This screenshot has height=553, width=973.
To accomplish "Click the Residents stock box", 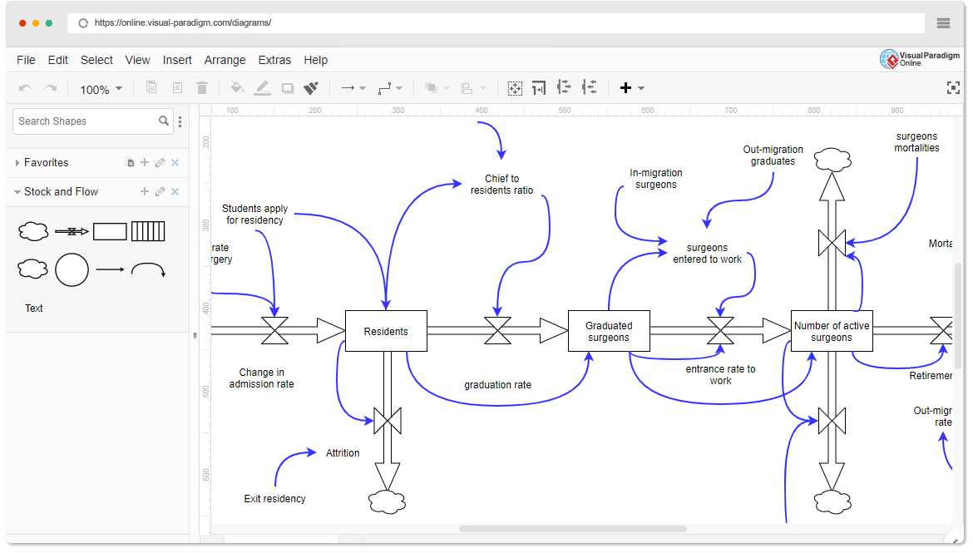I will tap(386, 331).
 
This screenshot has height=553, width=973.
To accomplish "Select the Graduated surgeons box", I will tap(609, 331).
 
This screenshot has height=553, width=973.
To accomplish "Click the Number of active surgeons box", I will tap(832, 331).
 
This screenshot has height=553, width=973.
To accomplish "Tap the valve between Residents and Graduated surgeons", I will tap(497, 331).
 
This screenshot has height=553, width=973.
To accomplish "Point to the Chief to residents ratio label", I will tap(501, 184).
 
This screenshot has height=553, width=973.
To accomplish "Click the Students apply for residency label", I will tap(254, 214).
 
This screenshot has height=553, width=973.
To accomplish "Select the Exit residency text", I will tap(274, 499).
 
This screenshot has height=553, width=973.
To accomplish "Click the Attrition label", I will tap(343, 453).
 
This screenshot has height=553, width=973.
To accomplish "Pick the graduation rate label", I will tap(497, 385).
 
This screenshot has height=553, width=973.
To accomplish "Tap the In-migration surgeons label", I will tap(655, 179).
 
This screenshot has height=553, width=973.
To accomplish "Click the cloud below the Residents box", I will tap(387, 501).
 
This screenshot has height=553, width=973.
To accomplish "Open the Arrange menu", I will tap(225, 60).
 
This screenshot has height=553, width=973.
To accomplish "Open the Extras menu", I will tap(274, 60).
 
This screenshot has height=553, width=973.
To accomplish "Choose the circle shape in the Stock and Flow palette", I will tap(72, 269).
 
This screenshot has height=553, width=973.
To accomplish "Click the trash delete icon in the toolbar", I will tap(202, 88).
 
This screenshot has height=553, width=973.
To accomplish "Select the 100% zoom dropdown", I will tap(101, 89).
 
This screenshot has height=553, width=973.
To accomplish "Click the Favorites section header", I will tap(47, 163).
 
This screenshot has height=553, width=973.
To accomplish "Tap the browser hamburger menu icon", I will tap(943, 23).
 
